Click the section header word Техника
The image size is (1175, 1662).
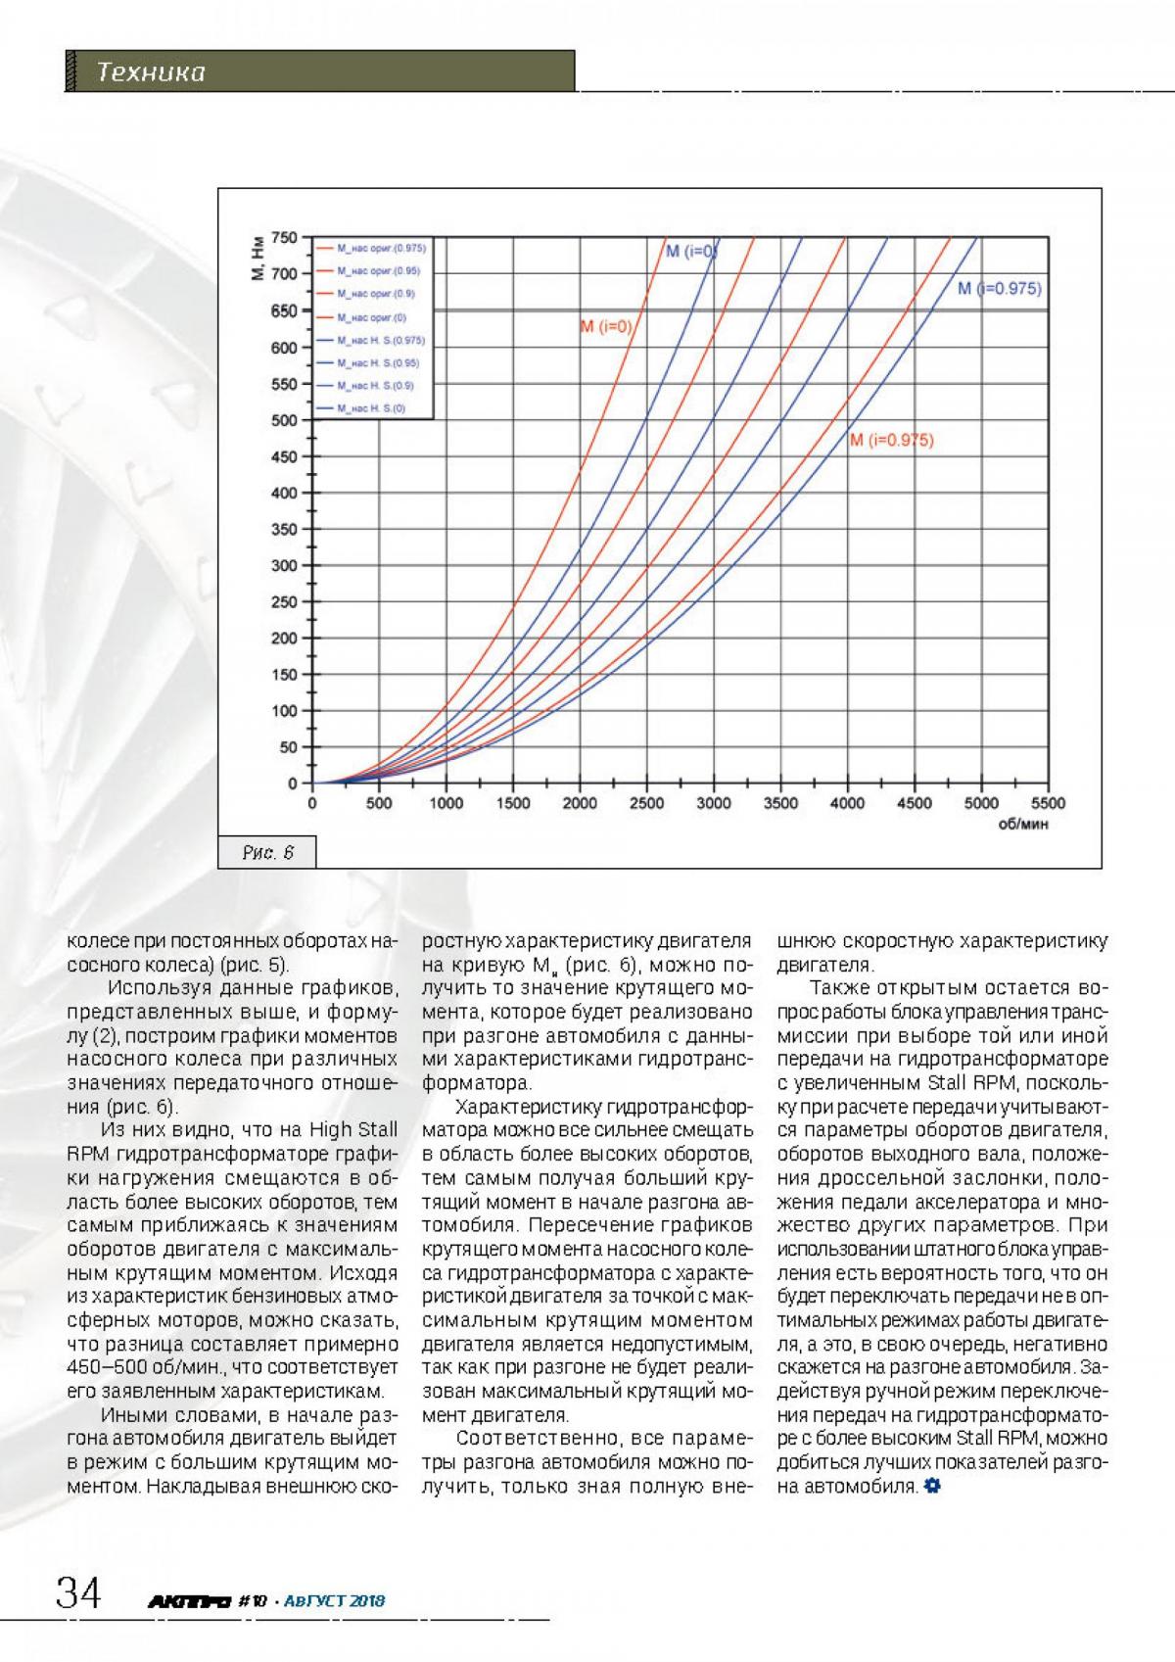tap(151, 72)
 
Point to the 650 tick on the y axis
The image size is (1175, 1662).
tap(284, 310)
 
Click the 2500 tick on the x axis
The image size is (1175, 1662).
tap(646, 804)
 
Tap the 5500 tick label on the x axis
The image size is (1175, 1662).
tap(1048, 804)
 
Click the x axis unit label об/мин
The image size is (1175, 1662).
tap(1023, 825)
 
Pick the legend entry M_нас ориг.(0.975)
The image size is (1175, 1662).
tap(380, 248)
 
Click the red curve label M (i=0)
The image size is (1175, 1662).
tap(606, 326)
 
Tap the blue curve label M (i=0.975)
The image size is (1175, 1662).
tap(999, 289)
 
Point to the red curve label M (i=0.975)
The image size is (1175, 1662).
tap(891, 440)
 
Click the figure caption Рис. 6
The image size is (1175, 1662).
tap(268, 852)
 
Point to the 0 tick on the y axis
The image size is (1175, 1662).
tap(292, 784)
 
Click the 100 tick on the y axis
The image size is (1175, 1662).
tap(284, 711)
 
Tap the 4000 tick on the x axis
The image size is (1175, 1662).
tap(847, 804)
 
